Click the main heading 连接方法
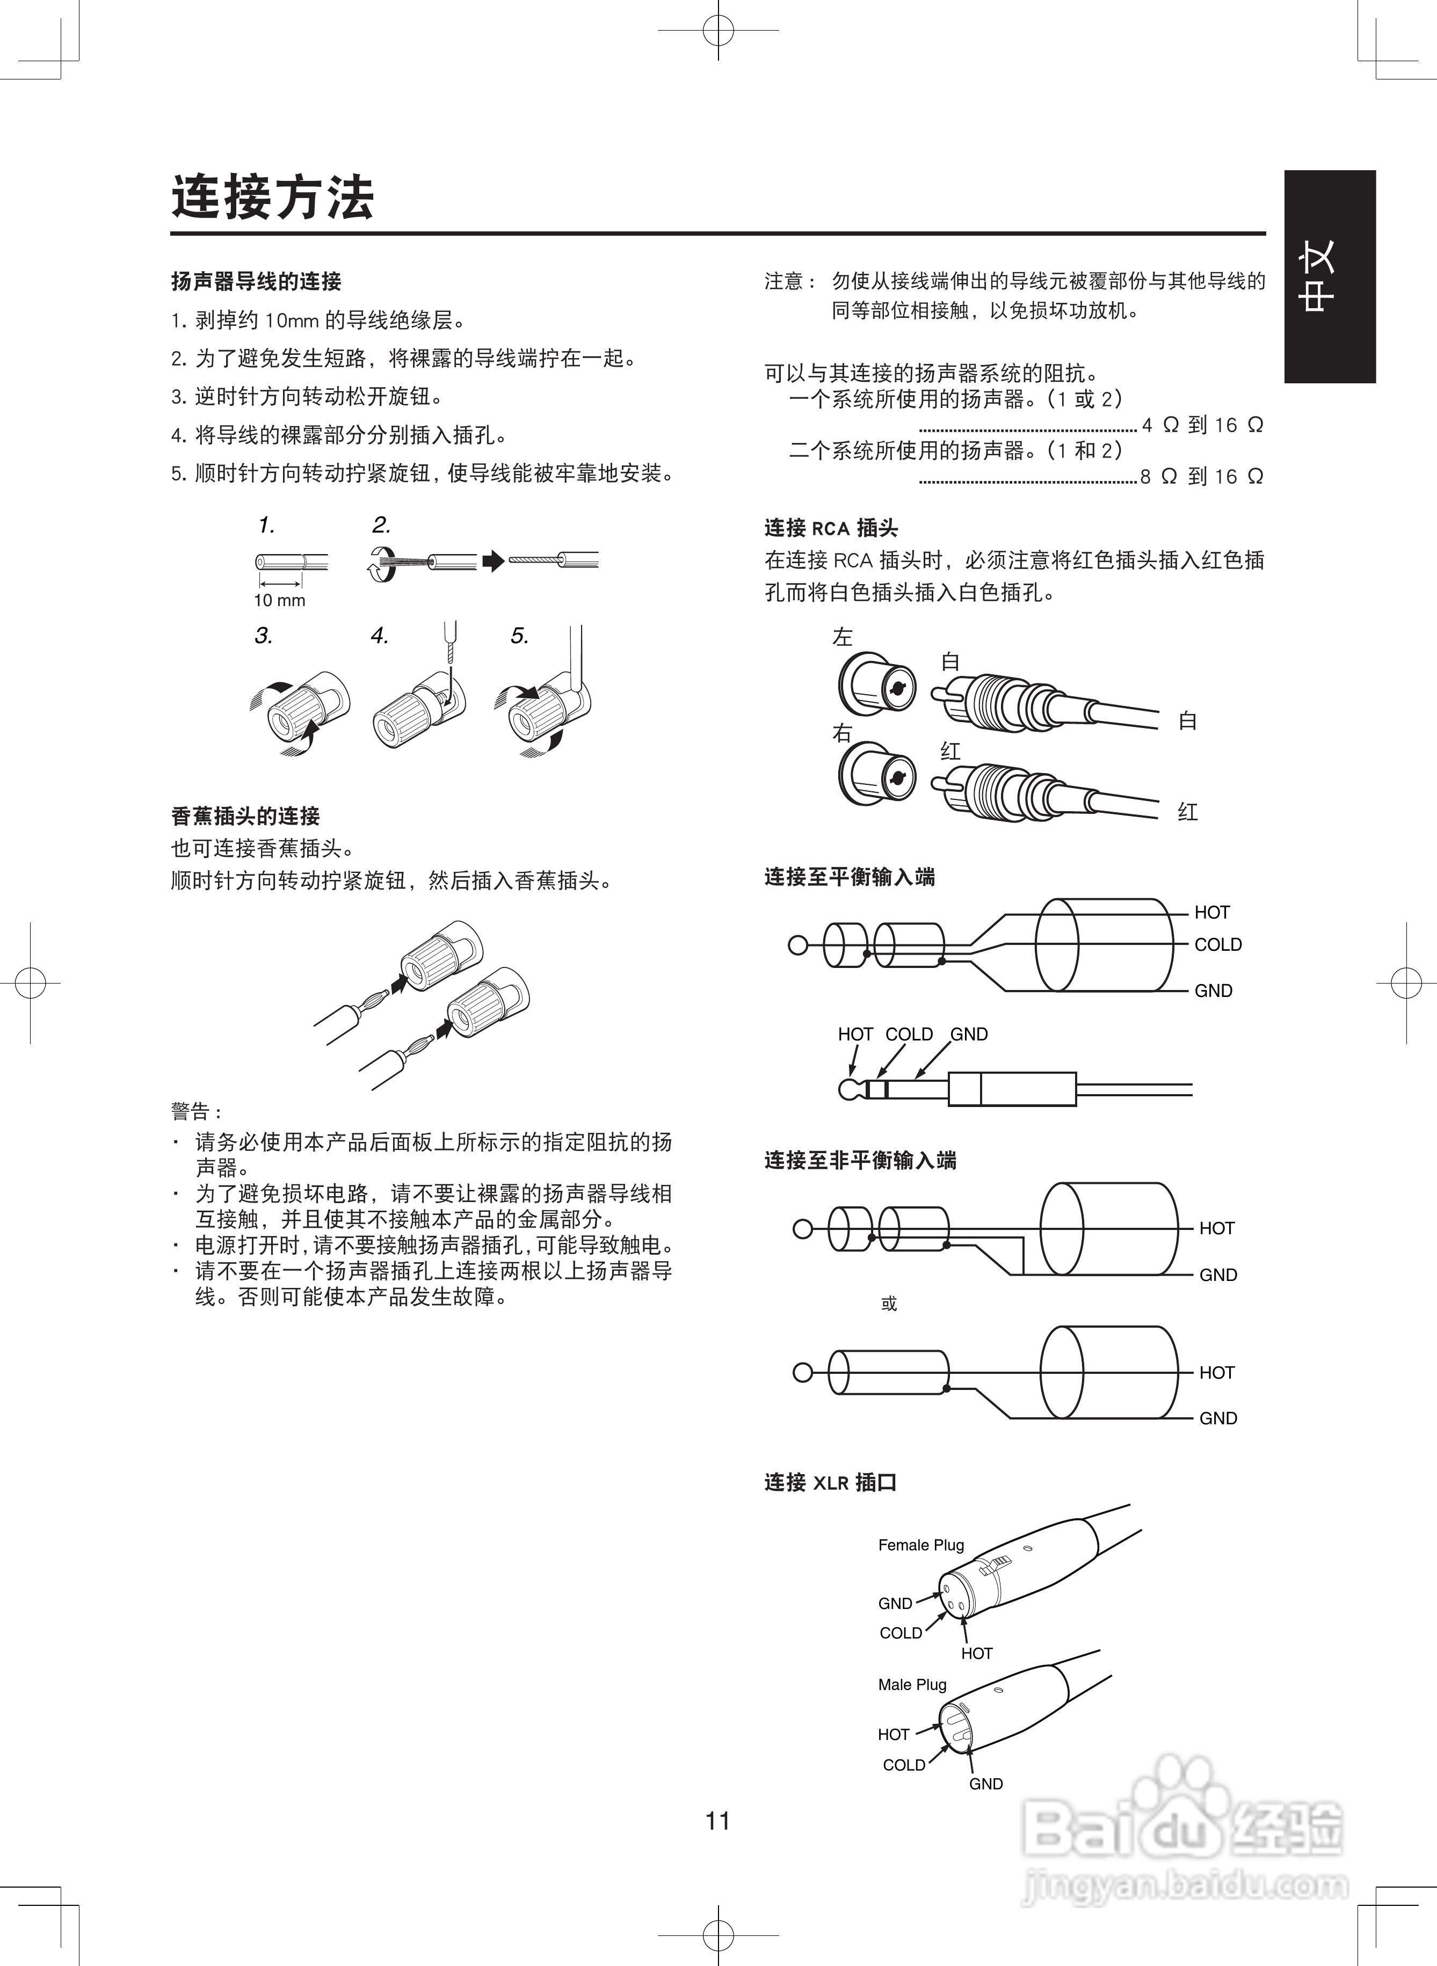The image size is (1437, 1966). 272,198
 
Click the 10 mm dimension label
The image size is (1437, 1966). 279,600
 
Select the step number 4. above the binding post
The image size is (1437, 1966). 379,636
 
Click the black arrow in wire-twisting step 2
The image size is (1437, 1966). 493,561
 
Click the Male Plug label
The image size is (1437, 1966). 912,1684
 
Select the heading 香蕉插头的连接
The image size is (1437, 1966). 245,815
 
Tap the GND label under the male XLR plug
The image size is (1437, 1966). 985,1783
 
